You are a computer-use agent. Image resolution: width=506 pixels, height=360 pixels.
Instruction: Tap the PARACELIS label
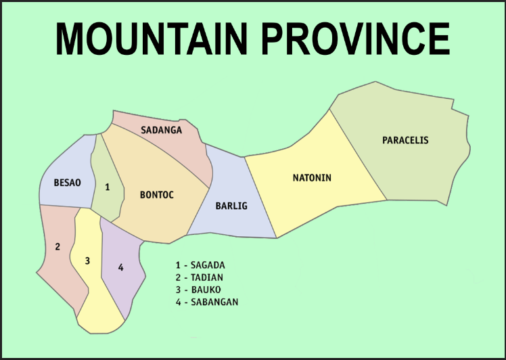(405, 141)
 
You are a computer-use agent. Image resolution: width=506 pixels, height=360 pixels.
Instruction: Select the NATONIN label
(312, 179)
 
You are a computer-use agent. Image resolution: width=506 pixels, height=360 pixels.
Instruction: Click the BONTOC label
(157, 196)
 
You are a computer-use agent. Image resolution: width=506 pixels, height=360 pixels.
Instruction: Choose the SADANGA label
(161, 130)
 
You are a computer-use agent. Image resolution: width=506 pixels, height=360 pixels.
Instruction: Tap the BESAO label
(68, 183)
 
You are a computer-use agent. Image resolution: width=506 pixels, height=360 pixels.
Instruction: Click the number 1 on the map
(107, 187)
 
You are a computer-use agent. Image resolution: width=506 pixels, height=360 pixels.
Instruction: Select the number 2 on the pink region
(57, 247)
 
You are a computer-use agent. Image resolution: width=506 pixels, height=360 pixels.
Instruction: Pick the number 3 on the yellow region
(87, 261)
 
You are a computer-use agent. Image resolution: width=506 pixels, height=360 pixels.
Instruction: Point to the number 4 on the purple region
(120, 268)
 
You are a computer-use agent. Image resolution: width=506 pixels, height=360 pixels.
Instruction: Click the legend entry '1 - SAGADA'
(200, 265)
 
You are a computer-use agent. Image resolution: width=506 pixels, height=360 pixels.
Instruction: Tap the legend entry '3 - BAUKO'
(198, 290)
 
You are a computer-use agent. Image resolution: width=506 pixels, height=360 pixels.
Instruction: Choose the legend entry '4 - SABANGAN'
(206, 302)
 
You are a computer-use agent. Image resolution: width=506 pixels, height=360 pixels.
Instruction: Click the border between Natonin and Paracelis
(359, 156)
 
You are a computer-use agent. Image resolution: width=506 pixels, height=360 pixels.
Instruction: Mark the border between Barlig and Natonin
(260, 196)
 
